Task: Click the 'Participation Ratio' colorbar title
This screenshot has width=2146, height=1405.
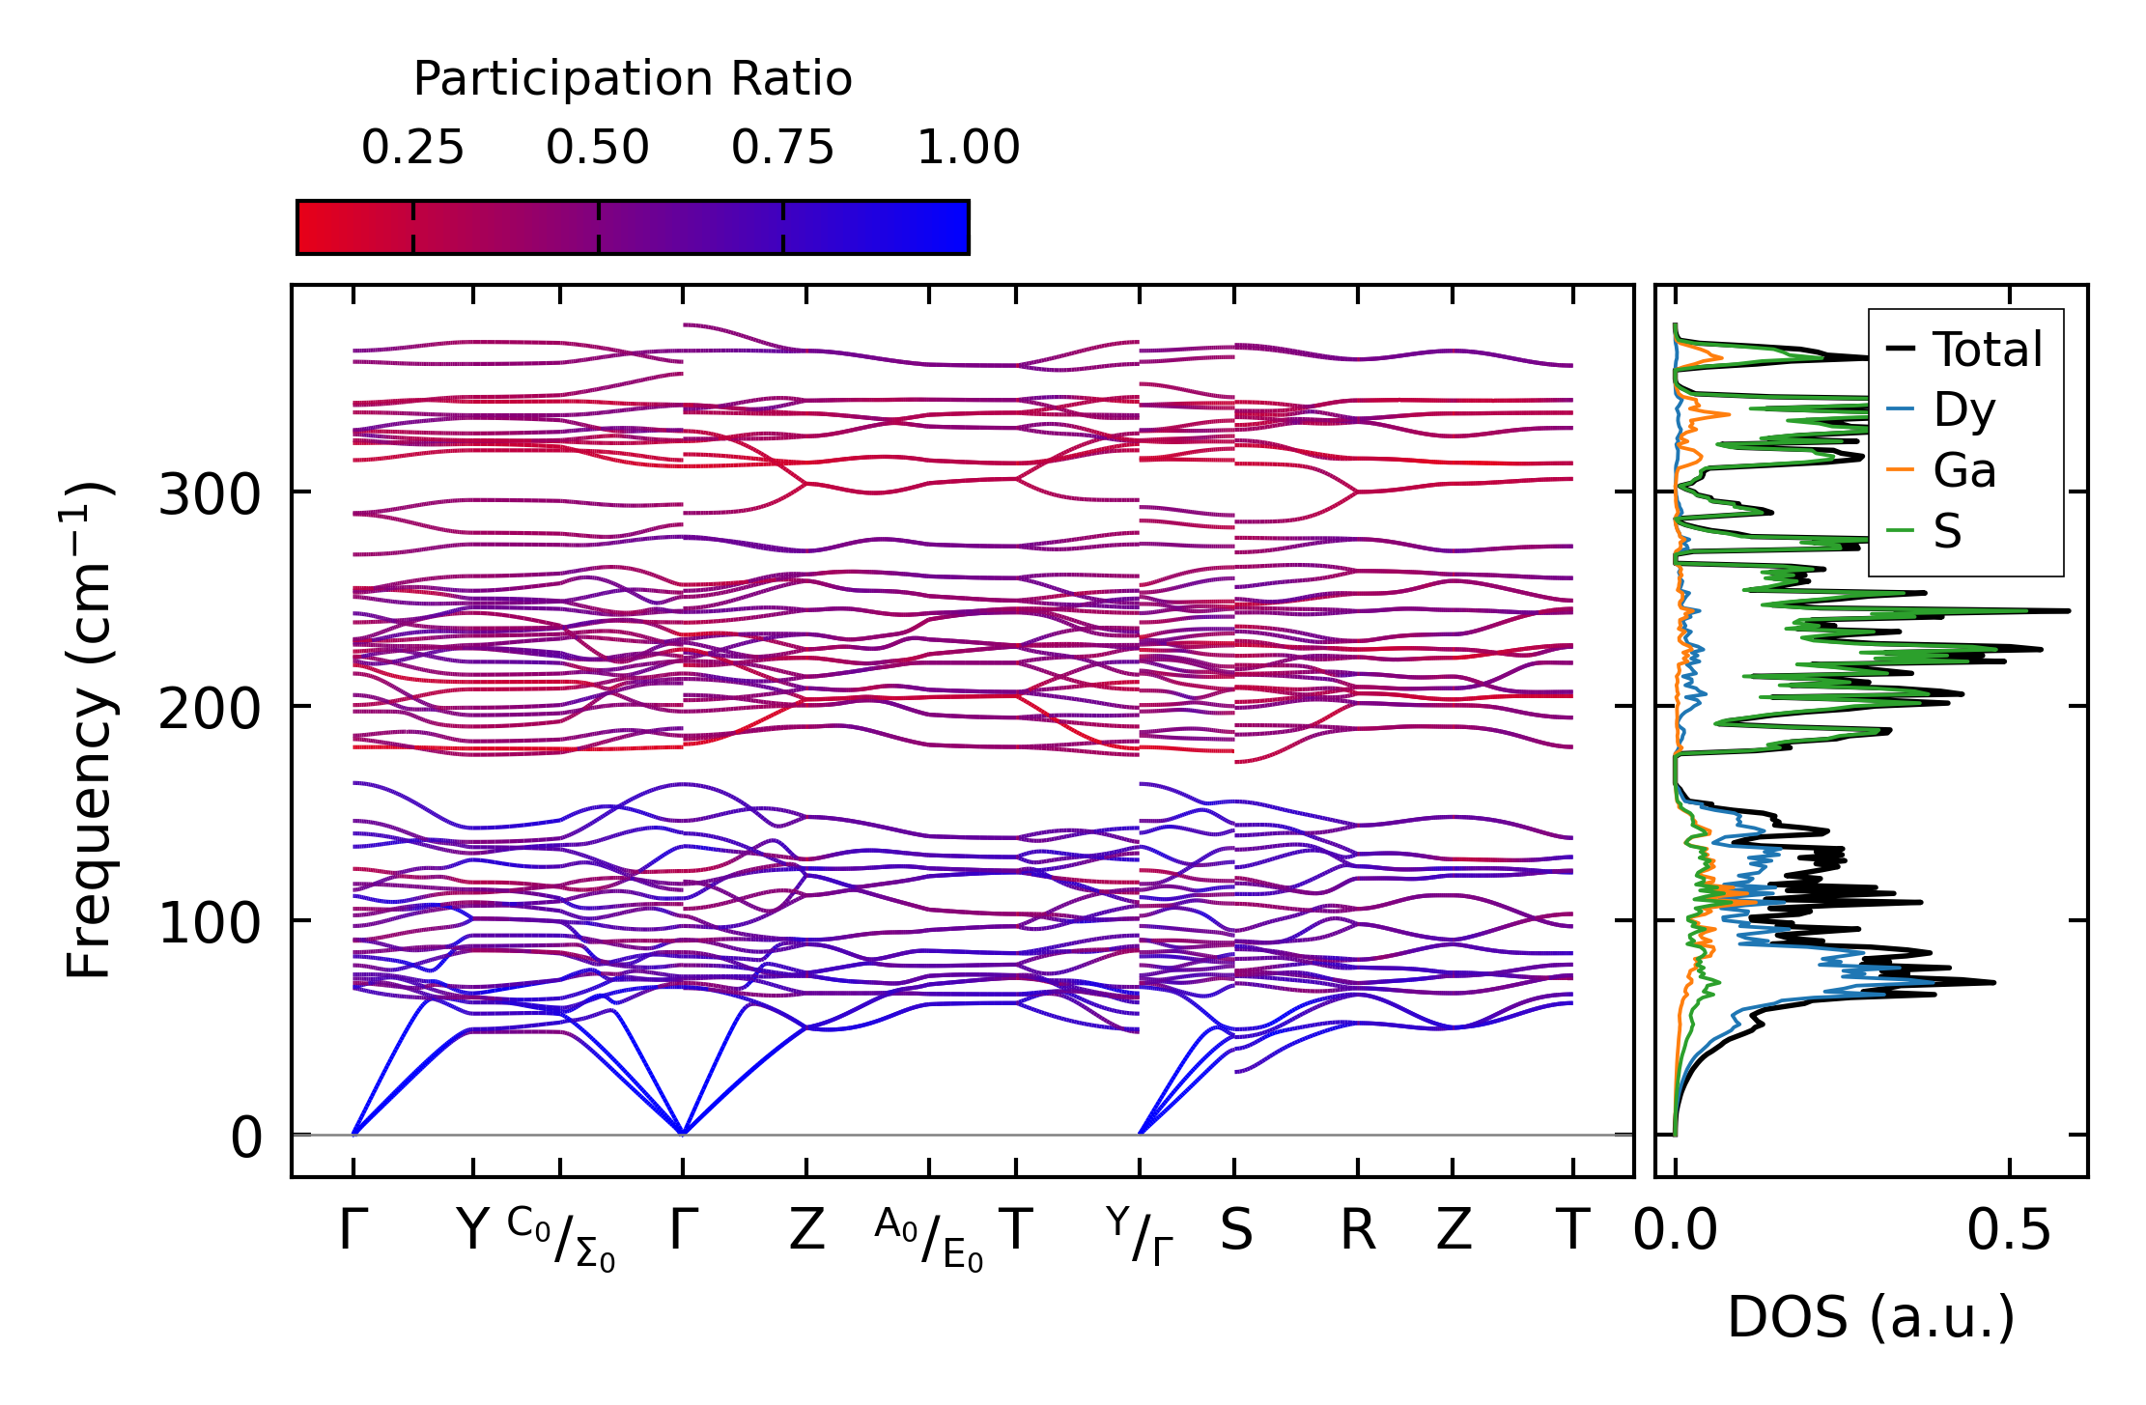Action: tap(633, 79)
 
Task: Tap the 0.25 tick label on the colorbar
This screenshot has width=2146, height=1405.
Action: tap(412, 149)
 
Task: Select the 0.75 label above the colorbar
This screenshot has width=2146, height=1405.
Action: tap(782, 149)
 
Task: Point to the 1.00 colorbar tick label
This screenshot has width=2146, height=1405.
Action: tap(968, 149)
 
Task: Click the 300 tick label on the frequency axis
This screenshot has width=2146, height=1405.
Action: tap(210, 496)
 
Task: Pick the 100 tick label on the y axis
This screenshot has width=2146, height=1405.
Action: tap(210, 924)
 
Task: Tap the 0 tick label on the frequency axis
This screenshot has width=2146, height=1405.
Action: tap(246, 1138)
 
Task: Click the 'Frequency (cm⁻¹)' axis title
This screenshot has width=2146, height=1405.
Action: tap(89, 730)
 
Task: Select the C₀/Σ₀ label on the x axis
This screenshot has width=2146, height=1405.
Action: tap(561, 1239)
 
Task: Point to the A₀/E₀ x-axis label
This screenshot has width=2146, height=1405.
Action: tap(929, 1239)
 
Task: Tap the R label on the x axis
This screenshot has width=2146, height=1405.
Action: tap(1357, 1231)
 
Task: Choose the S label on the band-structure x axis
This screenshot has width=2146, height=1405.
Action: tap(1235, 1231)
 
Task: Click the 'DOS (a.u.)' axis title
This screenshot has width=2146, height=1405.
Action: tap(1871, 1318)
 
